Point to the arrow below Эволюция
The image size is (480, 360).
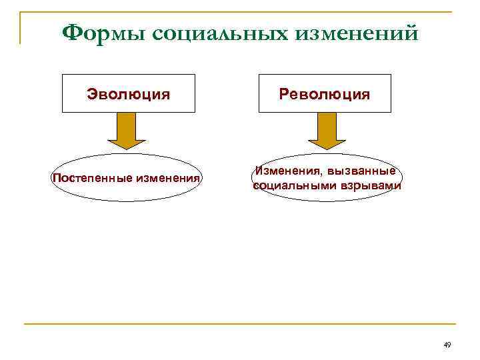tap(127, 129)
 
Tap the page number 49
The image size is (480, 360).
tap(447, 345)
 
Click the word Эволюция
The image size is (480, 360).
tap(128, 94)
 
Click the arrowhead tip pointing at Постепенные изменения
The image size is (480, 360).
tap(127, 148)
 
